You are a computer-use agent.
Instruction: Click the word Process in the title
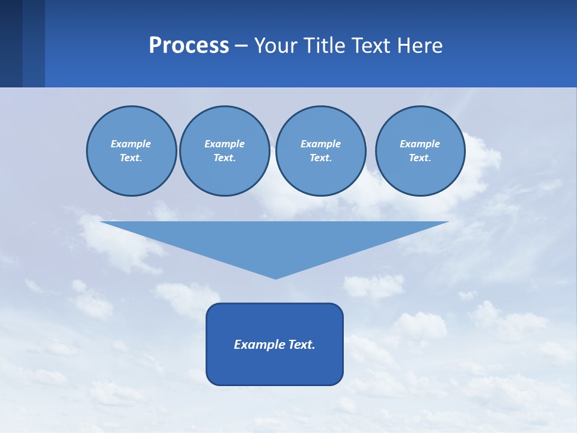(189, 46)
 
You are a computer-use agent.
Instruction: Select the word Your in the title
(276, 46)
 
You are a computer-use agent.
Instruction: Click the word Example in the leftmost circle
(131, 144)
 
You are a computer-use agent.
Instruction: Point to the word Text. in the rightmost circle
(420, 158)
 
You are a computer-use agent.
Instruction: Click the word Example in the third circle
(321, 144)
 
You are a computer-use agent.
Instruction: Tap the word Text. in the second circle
(225, 158)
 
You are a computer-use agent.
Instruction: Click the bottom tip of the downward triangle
(275, 278)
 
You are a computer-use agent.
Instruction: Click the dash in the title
(241, 46)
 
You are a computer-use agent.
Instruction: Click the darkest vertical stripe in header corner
(11, 43)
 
